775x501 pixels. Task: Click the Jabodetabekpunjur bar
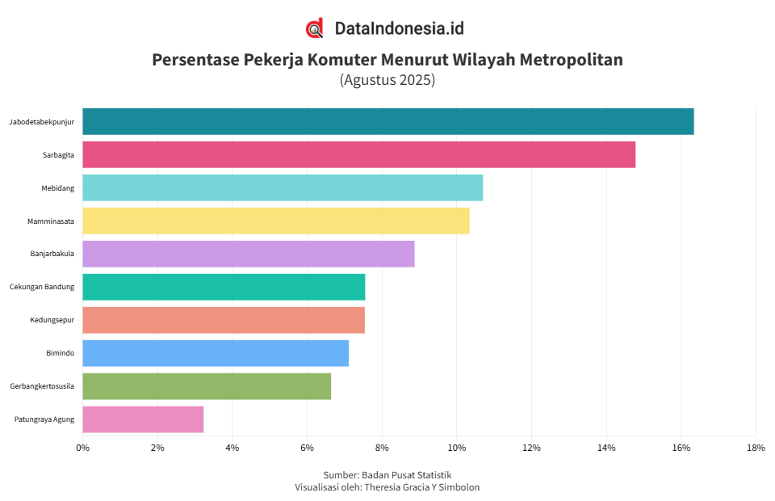pyautogui.click(x=387, y=121)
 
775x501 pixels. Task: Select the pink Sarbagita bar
pyautogui.click(x=358, y=154)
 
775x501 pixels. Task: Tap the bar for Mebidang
pyautogui.click(x=283, y=187)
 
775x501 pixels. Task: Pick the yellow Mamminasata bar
pyautogui.click(x=275, y=221)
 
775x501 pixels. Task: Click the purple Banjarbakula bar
pyautogui.click(x=248, y=254)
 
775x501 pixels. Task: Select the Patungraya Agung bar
pyautogui.click(x=143, y=419)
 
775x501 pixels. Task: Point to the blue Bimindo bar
pyautogui.click(x=216, y=353)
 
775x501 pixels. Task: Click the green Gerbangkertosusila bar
pyautogui.click(x=207, y=386)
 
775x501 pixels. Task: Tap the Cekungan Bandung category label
pyautogui.click(x=42, y=287)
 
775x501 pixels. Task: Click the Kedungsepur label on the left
pyautogui.click(x=52, y=320)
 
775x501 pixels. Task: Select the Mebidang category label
pyautogui.click(x=57, y=188)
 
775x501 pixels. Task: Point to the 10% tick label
pyautogui.click(x=457, y=448)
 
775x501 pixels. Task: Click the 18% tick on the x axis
pyautogui.click(x=756, y=448)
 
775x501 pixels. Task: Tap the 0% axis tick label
pyautogui.click(x=82, y=448)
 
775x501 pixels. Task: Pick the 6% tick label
pyautogui.click(x=307, y=448)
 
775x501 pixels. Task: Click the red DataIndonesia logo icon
pyautogui.click(x=314, y=28)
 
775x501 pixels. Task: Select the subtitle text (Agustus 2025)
pyautogui.click(x=387, y=80)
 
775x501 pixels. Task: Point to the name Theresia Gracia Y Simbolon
pyautogui.click(x=421, y=486)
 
